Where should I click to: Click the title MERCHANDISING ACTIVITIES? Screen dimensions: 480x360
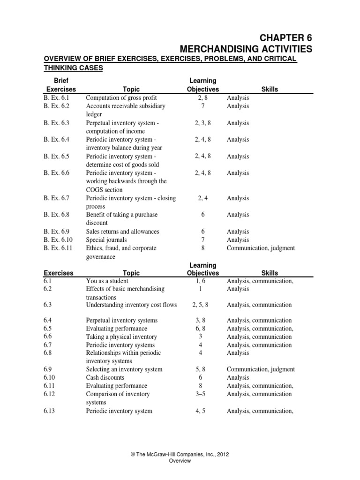coord(246,49)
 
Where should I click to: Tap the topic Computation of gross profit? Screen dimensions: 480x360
coord(121,98)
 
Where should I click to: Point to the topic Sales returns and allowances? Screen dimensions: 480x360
coord(122,232)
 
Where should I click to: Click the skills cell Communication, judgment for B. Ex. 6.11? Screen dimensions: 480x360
coord(261,248)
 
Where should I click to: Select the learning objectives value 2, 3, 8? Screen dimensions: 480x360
coord(202,123)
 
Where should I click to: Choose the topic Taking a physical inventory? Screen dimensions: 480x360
coord(121,337)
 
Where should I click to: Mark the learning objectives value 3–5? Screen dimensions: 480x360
coord(202,394)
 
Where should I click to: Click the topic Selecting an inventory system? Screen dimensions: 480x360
coord(124,369)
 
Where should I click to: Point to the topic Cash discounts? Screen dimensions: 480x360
coord(105,377)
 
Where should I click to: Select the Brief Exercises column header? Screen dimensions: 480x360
coord(60,85)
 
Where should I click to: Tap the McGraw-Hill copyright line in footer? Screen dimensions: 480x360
coord(180,454)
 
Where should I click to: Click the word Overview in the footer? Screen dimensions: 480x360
coord(180,461)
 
